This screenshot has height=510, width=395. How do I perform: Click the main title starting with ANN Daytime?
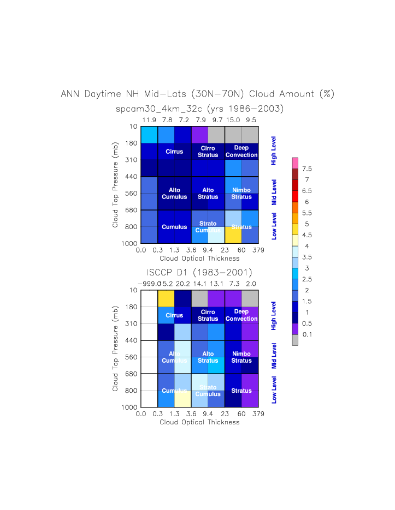[197, 94]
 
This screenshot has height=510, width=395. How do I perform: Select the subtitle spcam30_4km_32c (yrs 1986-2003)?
[199, 109]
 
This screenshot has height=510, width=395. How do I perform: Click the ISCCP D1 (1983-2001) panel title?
[199, 272]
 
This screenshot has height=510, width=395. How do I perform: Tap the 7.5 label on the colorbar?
[307, 169]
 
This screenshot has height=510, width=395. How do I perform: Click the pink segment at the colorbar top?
[295, 163]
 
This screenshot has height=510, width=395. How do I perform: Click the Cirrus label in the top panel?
[174, 152]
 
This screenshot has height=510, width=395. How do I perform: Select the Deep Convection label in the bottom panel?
[241, 315]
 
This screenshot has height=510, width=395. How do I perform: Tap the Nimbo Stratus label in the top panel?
[241, 193]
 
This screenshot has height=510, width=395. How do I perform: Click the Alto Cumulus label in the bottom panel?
[174, 357]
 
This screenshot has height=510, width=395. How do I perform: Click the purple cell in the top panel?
[199, 134]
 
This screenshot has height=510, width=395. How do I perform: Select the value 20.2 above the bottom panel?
[183, 283]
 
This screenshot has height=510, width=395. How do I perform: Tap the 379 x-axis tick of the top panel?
[258, 250]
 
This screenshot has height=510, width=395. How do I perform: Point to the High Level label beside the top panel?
[274, 151]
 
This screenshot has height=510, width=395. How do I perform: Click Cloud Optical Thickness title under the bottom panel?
[199, 422]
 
